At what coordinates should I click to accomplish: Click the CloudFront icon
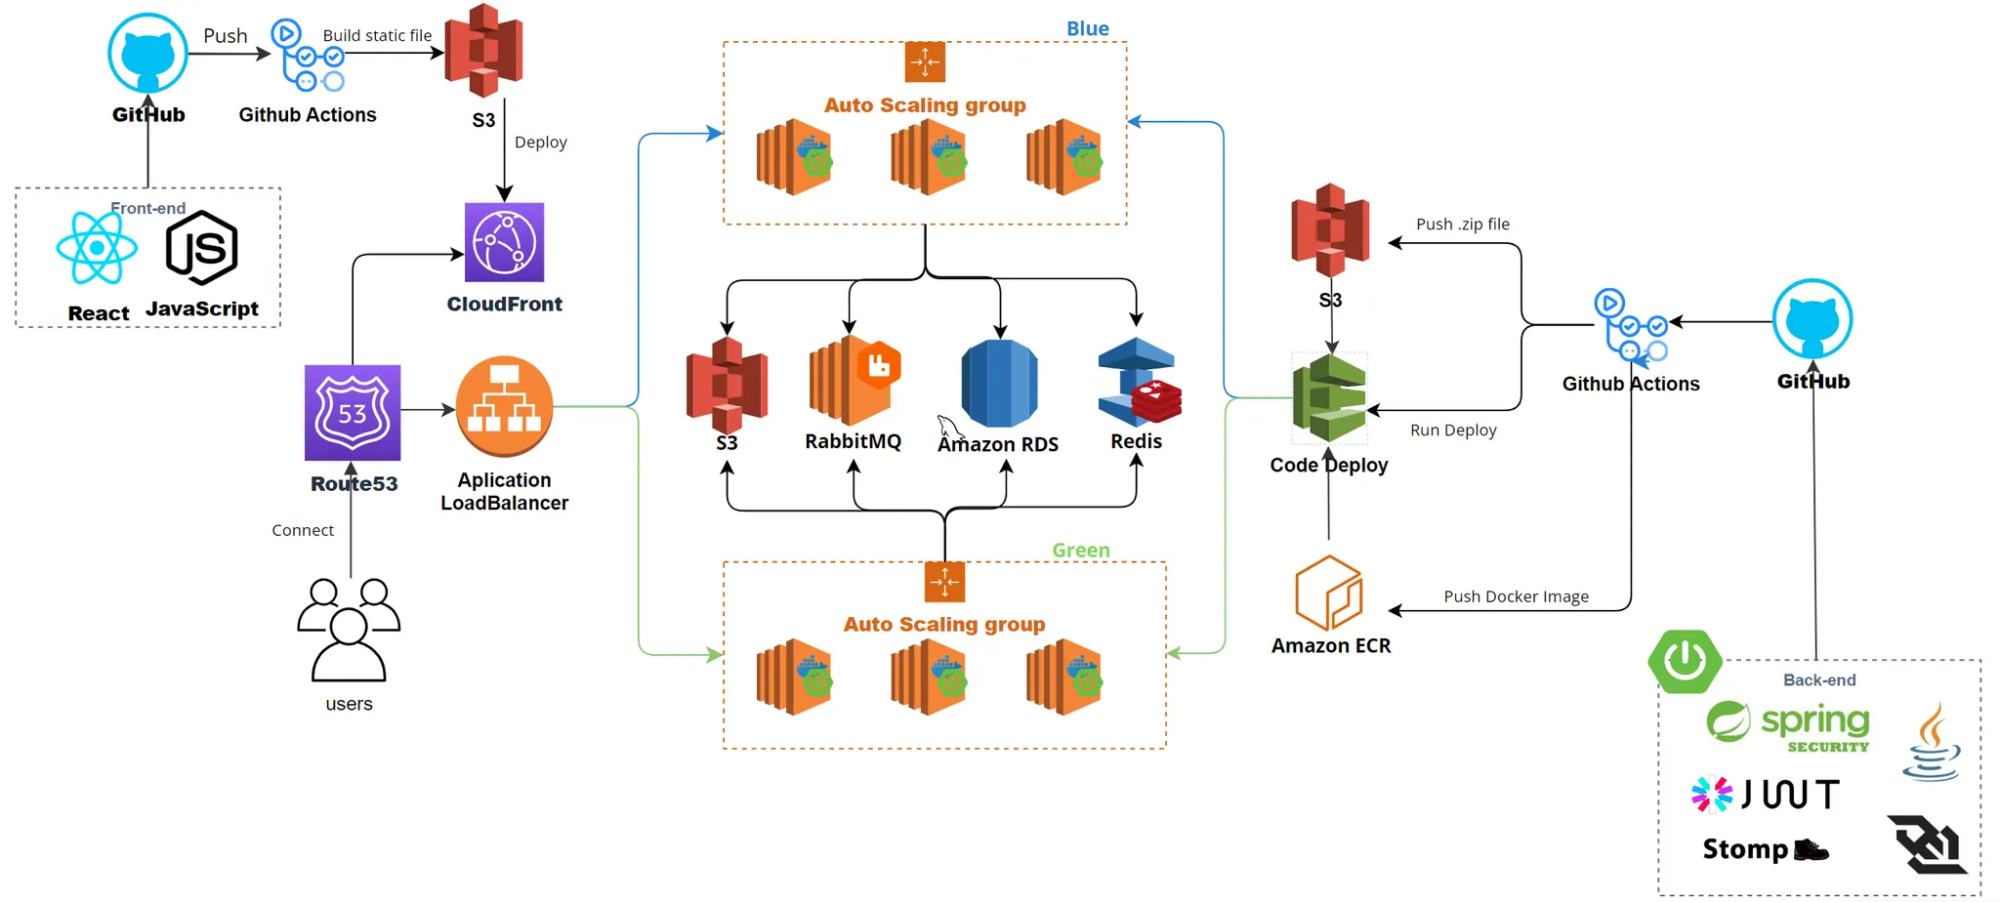pyautogui.click(x=504, y=242)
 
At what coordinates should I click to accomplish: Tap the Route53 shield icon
pyautogui.click(x=353, y=413)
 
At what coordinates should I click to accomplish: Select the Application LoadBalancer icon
pyautogui.click(x=504, y=406)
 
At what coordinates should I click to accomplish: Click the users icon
pyautogui.click(x=349, y=630)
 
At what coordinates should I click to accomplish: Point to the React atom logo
pyautogui.click(x=97, y=248)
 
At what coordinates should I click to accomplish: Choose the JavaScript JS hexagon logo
pyautogui.click(x=202, y=248)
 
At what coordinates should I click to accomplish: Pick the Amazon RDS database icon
pyautogui.click(x=999, y=384)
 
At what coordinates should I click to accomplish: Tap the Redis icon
pyautogui.click(x=1139, y=382)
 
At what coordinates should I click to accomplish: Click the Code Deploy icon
pyautogui.click(x=1329, y=398)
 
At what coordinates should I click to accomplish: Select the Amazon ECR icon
pyautogui.click(x=1328, y=593)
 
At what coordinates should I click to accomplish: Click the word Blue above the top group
pyautogui.click(x=1087, y=29)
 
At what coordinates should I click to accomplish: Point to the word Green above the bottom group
pyautogui.click(x=1080, y=551)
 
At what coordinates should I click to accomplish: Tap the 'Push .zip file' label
pyautogui.click(x=1462, y=225)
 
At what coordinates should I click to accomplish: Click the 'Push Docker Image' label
pyautogui.click(x=1516, y=596)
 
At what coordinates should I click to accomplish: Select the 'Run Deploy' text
pyautogui.click(x=1452, y=430)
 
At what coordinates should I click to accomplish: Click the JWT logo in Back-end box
pyautogui.click(x=1766, y=795)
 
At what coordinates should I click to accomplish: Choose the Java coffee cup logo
pyautogui.click(x=1932, y=743)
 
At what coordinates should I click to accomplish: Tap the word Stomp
pyautogui.click(x=1745, y=849)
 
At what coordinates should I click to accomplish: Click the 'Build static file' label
pyautogui.click(x=377, y=36)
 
